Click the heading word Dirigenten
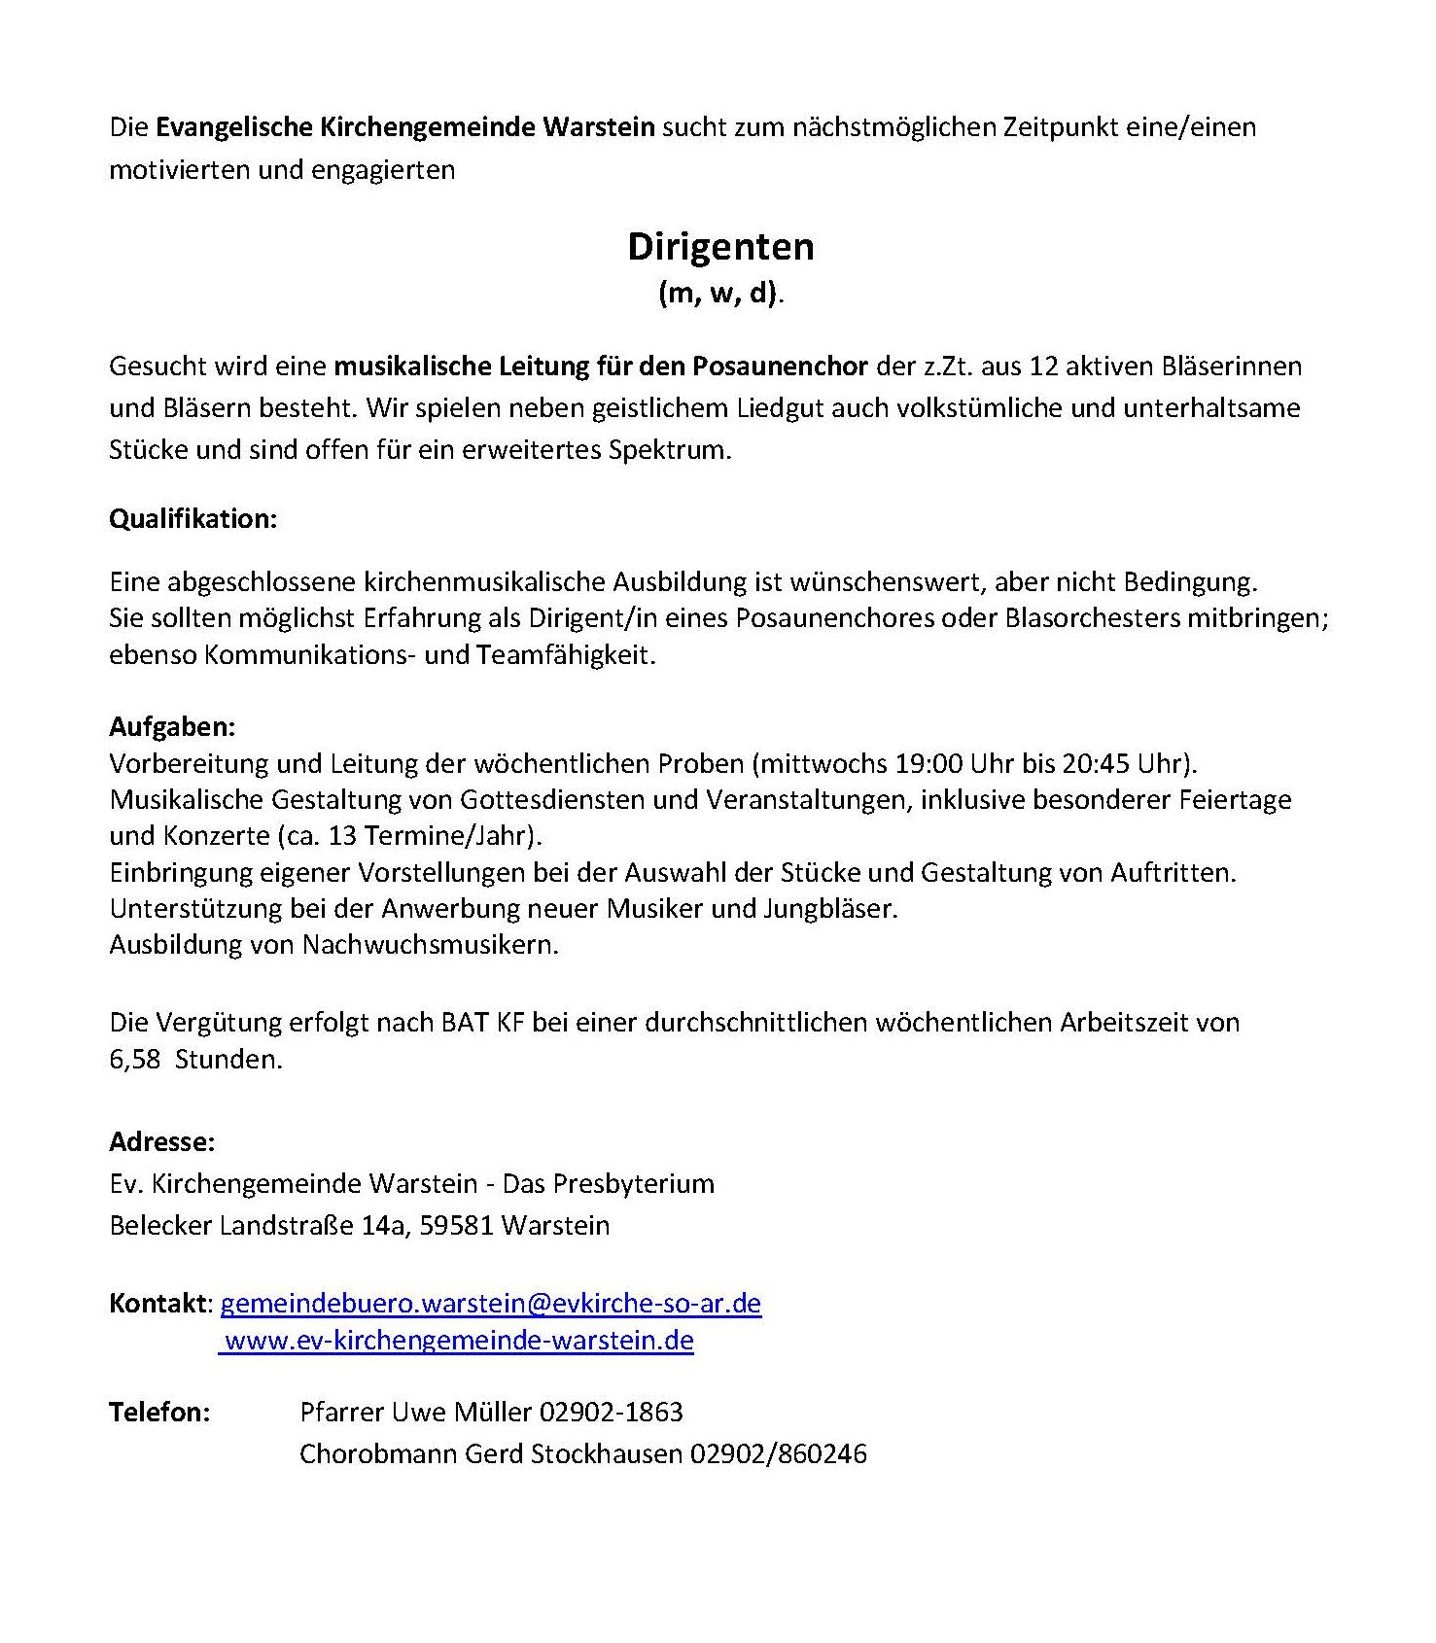coord(720,247)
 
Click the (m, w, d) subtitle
coord(719,293)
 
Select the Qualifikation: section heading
coord(193,519)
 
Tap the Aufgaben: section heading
coord(172,727)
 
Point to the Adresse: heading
coord(161,1141)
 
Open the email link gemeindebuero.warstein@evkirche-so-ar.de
coord(491,1303)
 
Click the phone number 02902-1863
coord(612,1412)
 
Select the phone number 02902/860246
coord(778,1453)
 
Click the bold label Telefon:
coord(159,1412)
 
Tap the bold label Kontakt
coord(158,1303)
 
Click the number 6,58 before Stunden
coord(135,1059)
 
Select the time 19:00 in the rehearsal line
coord(928,763)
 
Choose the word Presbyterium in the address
coord(634,1183)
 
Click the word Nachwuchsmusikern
coord(431,944)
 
